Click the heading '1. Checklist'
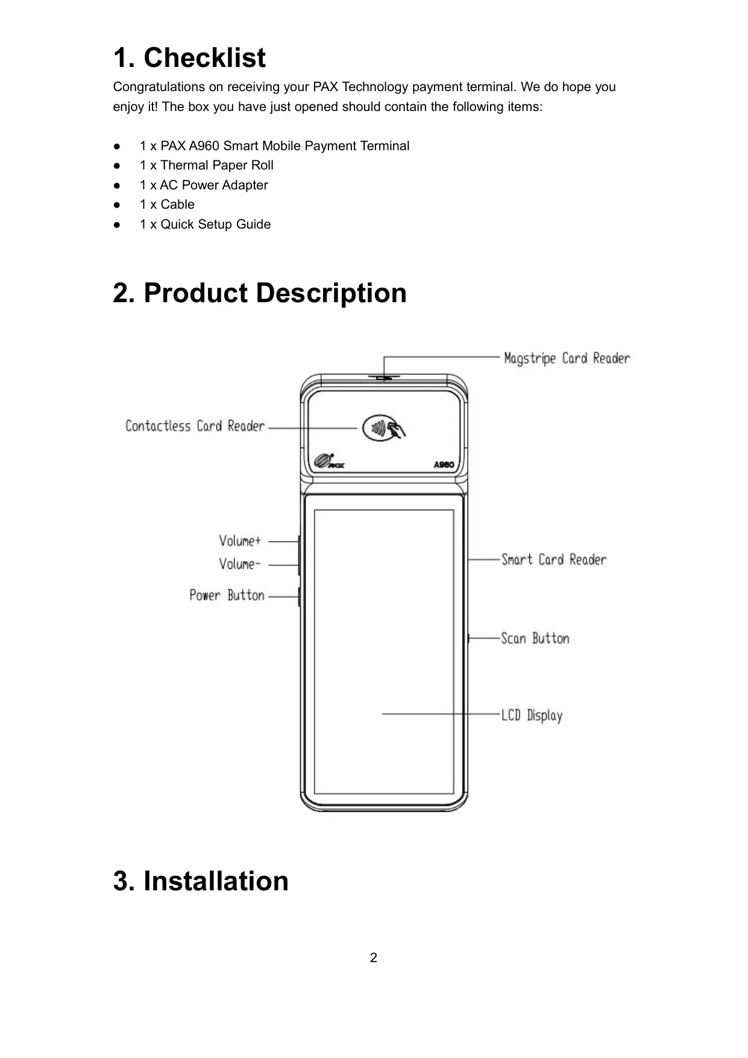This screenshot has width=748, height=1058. [189, 59]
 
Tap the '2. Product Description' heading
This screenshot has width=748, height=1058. [260, 293]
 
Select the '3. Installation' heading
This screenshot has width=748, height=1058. [201, 881]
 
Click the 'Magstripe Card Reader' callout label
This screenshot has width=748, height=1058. [567, 358]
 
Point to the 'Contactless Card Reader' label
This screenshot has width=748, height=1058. [195, 426]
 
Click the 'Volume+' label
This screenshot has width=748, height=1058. [240, 540]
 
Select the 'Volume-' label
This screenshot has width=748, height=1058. [240, 564]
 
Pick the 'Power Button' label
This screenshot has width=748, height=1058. [227, 595]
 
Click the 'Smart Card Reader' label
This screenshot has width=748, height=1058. [554, 560]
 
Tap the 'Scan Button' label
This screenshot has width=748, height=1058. [535, 638]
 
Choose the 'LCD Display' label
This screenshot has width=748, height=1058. [532, 715]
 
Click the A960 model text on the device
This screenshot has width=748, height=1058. [444, 465]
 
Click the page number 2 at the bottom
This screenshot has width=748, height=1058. [374, 958]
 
